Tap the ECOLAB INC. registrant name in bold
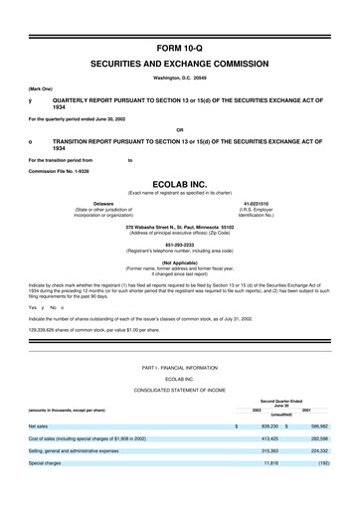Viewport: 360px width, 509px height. pyautogui.click(x=179, y=184)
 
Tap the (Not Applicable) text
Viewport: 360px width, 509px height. pyautogui.click(x=179, y=263)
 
